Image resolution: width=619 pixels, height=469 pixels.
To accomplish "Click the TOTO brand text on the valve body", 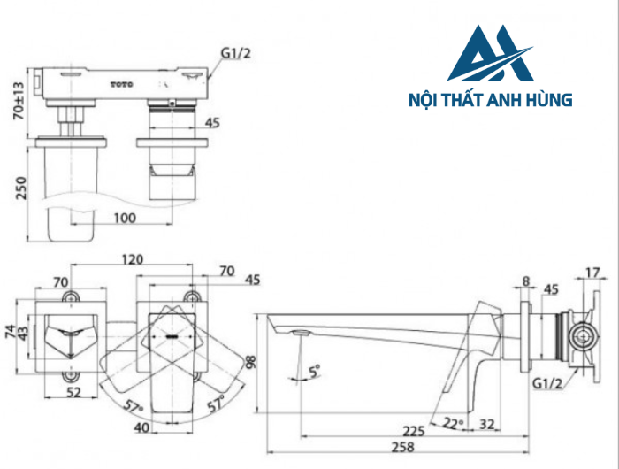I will pyautogui.click(x=121, y=84).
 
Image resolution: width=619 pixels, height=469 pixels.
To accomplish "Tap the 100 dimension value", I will pyautogui.click(x=125, y=217).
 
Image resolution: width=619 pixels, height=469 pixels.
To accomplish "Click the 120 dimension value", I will pyautogui.click(x=132, y=261).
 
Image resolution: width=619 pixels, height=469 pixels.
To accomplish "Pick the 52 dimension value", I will pyautogui.click(x=73, y=393).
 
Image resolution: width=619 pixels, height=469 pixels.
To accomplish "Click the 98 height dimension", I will pyautogui.click(x=252, y=363).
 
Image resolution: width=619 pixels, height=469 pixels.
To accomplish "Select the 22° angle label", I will pyautogui.click(x=453, y=424).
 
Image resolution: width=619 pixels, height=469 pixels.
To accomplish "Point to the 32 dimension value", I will pyautogui.click(x=487, y=424).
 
